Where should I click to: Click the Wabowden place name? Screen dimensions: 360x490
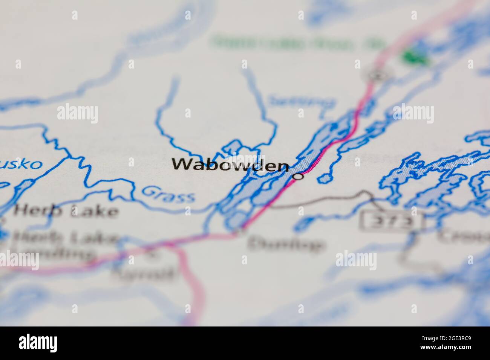point(231,165)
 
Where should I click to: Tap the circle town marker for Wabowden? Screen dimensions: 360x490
point(299,176)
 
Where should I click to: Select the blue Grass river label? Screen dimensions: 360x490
point(169,194)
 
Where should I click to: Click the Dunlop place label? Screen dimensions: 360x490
point(286,244)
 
